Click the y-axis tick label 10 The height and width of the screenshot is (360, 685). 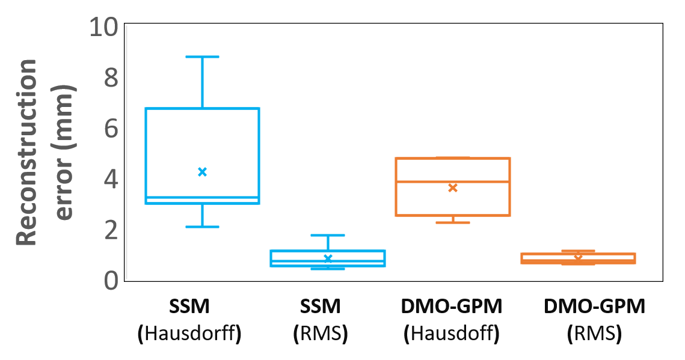coord(104,28)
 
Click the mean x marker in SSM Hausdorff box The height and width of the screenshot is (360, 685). coord(203,172)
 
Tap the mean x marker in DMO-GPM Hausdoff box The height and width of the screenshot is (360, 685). coord(453,188)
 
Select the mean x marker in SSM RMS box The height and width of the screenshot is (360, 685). coord(328,258)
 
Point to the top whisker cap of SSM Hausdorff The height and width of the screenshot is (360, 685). coord(203,56)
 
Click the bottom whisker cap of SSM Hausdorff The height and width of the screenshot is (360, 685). coord(203,227)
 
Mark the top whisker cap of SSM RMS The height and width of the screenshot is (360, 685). coord(328,235)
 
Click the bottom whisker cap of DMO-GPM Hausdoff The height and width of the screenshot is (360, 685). coord(453,222)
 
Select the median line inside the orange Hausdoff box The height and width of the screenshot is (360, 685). coord(453,181)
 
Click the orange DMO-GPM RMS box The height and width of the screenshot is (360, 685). coord(578,258)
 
